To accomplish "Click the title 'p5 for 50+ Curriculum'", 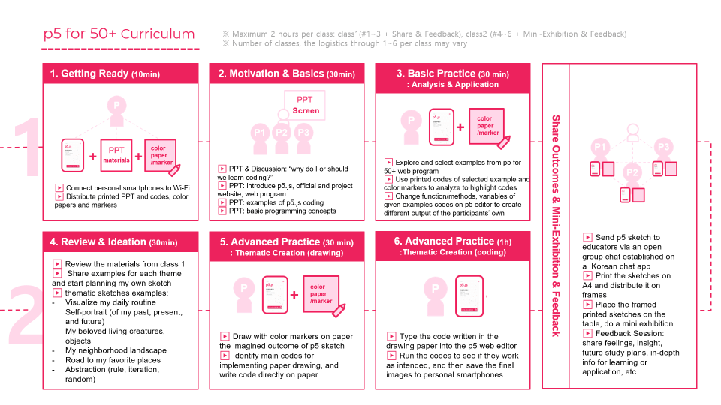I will click(x=119, y=34).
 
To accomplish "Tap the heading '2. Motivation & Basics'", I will click(x=271, y=73).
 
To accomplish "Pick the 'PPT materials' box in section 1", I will click(x=116, y=155).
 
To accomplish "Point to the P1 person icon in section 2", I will click(x=259, y=133).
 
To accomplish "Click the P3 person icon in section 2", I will click(x=303, y=133).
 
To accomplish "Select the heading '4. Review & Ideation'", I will click(x=98, y=241).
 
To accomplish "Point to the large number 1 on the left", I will click(x=27, y=147).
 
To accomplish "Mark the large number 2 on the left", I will click(x=27, y=313).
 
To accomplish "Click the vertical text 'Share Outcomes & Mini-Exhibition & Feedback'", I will click(x=556, y=225).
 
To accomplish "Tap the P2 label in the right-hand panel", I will click(x=632, y=173).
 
